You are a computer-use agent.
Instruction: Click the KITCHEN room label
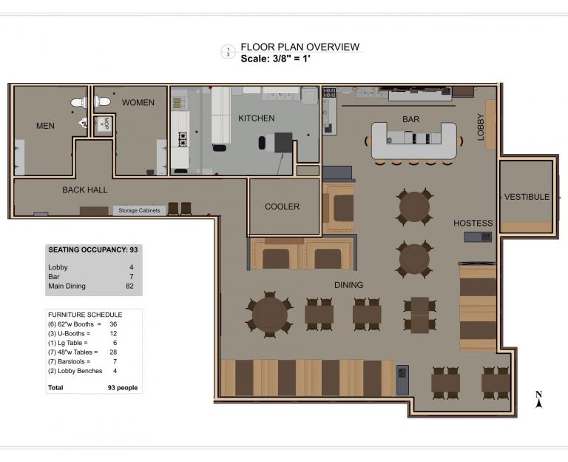(x=257, y=118)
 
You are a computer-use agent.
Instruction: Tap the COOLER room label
(x=283, y=207)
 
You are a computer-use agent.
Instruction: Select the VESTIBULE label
(x=527, y=197)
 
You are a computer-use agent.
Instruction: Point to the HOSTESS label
(x=473, y=223)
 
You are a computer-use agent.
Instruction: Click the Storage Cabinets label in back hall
(x=139, y=210)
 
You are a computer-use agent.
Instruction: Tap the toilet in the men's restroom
(x=78, y=103)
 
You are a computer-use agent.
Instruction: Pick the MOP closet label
(x=106, y=124)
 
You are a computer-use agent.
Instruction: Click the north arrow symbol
(x=538, y=400)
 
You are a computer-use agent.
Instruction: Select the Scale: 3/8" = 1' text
(x=276, y=58)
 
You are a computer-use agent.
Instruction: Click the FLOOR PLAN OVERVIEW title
(x=300, y=47)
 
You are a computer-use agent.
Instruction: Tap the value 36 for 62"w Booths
(x=113, y=324)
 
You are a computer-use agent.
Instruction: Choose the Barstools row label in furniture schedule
(x=69, y=361)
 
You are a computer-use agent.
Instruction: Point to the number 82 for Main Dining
(x=129, y=286)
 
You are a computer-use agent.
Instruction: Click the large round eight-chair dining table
(x=269, y=314)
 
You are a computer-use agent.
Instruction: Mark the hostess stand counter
(x=479, y=237)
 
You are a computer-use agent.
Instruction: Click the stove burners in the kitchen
(x=183, y=139)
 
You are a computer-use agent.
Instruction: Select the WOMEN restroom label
(x=138, y=103)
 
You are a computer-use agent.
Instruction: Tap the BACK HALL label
(x=85, y=190)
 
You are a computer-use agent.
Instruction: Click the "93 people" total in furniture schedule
(x=123, y=388)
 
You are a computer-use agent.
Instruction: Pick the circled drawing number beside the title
(x=229, y=52)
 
